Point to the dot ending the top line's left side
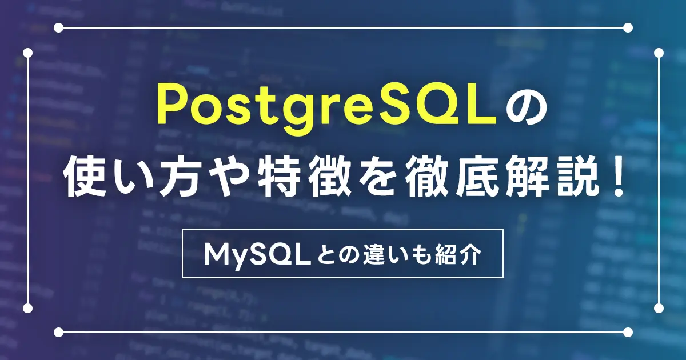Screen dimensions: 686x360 pyautogui.click(x=58, y=28)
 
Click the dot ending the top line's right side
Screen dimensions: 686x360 pyautogui.click(x=628, y=28)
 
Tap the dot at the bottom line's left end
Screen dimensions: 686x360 pyautogui.click(x=58, y=332)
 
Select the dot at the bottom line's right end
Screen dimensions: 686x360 pyautogui.click(x=628, y=332)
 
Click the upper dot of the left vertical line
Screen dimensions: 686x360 pyautogui.click(x=27, y=53)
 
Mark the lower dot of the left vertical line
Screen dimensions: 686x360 pyautogui.click(x=27, y=308)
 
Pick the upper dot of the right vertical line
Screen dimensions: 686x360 pyautogui.click(x=659, y=53)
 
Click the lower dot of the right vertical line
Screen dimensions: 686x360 pyautogui.click(x=659, y=308)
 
